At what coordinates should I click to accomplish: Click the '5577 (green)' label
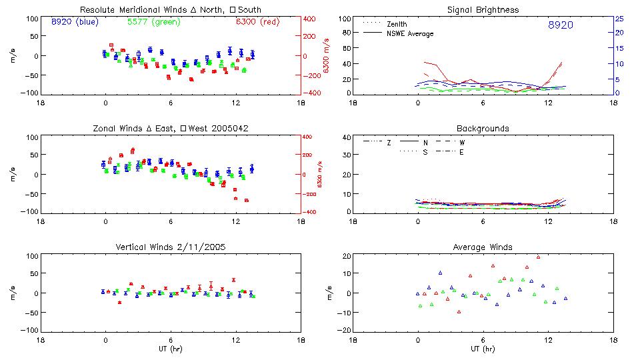tap(153, 22)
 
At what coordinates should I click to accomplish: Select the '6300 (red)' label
tap(259, 22)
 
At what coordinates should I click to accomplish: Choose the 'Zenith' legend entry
tap(397, 23)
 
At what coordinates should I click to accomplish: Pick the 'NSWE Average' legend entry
tap(410, 33)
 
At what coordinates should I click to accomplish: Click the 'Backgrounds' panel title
tap(483, 128)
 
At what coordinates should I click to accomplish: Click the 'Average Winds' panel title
tap(483, 247)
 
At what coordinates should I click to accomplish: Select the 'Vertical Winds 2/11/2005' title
tap(171, 247)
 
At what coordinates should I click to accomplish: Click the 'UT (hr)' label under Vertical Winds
tap(171, 349)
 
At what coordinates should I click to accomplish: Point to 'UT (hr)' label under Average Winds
tap(483, 349)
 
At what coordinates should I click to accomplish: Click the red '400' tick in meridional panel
tap(311, 19)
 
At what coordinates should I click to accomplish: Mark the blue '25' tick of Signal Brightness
tap(619, 19)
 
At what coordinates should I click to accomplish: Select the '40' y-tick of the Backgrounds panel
tap(346, 137)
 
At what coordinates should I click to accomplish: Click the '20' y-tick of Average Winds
tap(346, 256)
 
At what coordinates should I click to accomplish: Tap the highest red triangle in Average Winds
tap(538, 257)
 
